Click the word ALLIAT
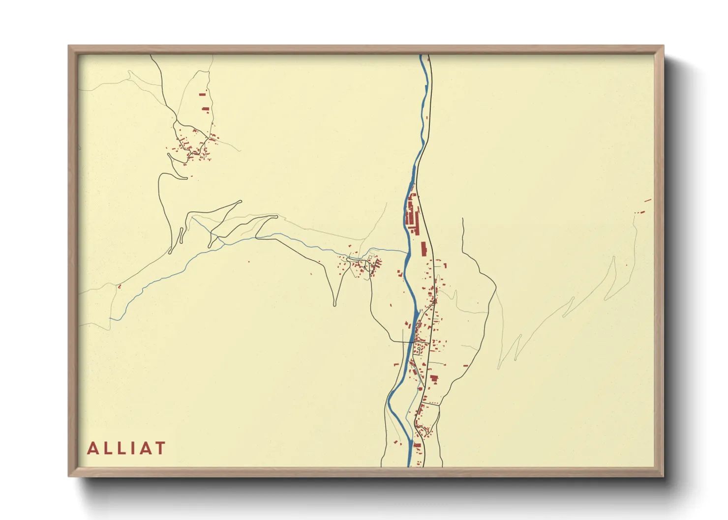(126, 448)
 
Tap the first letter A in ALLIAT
(92, 448)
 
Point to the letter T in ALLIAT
(160, 448)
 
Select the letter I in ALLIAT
(129, 448)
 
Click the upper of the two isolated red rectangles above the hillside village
(202, 94)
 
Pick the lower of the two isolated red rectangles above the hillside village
(206, 109)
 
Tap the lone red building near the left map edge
(119, 286)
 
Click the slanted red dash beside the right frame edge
(647, 200)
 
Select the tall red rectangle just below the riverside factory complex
(423, 249)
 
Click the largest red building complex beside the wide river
(411, 214)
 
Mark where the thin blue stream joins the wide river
(407, 253)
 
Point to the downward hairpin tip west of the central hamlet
(335, 305)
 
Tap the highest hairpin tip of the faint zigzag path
(614, 257)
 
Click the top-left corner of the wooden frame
(69, 46)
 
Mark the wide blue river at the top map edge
(422, 57)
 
